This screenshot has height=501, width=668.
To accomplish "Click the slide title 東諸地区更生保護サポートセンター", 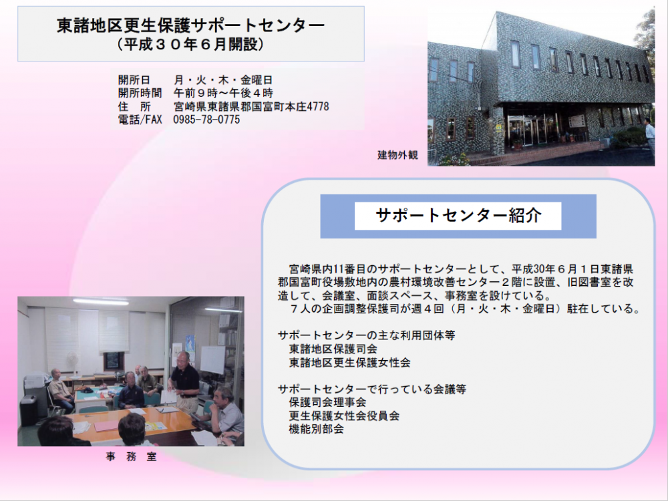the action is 191,25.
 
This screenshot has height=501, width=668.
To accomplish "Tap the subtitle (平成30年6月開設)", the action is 191,44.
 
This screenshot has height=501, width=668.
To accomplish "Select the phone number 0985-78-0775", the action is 206,120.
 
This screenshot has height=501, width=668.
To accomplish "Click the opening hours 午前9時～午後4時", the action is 223,93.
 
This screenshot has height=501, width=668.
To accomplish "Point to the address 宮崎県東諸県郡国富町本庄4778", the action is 251,106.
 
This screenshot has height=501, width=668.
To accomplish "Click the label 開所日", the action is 134,79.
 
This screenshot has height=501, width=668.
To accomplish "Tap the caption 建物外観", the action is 397,155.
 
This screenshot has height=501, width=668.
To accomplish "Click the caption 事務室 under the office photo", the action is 131,457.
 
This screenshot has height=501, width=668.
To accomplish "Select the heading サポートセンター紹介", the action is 458,216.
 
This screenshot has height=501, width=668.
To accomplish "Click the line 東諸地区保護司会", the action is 333,349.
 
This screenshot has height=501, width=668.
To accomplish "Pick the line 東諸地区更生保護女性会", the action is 350,363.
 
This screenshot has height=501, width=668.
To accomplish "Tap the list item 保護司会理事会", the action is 327,402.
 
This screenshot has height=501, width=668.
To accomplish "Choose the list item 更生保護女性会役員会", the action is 344,415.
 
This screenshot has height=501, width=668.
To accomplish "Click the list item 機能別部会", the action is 317,429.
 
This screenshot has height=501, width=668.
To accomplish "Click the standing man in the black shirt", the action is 185,381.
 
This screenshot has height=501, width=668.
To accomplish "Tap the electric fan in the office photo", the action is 72,362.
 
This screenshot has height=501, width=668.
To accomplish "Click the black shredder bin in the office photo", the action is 29,410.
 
